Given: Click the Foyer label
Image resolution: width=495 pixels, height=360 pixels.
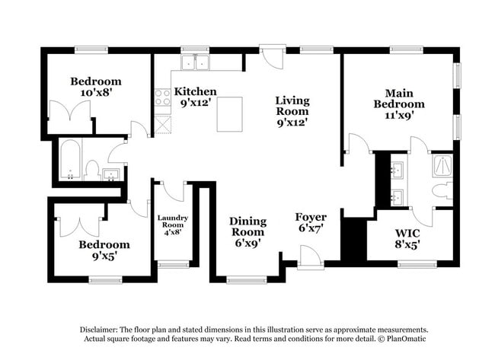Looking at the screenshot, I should (x=311, y=217).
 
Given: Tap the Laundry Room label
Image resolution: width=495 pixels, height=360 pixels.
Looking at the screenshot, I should (x=172, y=221).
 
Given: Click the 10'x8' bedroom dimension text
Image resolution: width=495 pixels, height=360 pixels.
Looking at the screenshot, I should (x=96, y=93).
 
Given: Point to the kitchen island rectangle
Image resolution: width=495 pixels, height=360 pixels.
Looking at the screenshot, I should (x=229, y=114).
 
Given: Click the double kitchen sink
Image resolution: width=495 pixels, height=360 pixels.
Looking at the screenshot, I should (x=196, y=62).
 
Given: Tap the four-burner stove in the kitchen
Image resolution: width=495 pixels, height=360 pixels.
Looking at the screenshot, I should (x=163, y=98).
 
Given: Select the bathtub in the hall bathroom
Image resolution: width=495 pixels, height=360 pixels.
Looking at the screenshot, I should (x=69, y=160).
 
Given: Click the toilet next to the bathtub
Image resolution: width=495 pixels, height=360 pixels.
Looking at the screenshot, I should (x=92, y=170).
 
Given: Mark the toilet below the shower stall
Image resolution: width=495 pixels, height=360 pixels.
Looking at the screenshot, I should (x=442, y=190).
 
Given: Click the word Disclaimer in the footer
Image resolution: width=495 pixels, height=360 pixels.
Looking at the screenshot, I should (x=101, y=330).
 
